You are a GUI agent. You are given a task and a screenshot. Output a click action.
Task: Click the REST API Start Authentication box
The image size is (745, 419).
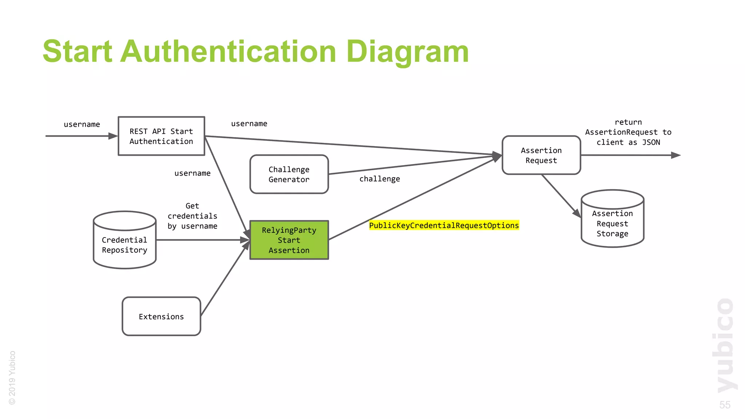[162, 136]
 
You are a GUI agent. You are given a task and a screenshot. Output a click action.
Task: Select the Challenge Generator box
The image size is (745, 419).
[289, 174]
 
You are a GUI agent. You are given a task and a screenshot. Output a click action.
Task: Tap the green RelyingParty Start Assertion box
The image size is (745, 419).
[289, 240]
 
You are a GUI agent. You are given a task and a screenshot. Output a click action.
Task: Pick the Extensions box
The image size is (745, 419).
[162, 316]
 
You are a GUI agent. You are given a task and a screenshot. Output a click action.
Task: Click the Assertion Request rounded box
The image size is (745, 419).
[541, 155]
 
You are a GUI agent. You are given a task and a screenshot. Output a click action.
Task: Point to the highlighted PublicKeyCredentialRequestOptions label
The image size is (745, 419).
[444, 226]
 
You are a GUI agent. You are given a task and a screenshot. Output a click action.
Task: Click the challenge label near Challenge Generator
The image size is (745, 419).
[379, 179]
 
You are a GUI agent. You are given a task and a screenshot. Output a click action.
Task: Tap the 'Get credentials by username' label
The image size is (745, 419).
[192, 216]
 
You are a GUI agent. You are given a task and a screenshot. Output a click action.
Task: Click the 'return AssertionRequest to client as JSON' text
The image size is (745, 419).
[628, 132]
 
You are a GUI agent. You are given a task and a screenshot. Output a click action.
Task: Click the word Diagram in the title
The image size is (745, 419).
[407, 52]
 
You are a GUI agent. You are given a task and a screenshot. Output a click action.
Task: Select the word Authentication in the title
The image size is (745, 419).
[228, 52]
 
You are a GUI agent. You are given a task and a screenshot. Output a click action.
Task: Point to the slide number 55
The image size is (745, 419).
[725, 405]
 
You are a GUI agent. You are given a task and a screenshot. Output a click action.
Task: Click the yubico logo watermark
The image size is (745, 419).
[725, 346]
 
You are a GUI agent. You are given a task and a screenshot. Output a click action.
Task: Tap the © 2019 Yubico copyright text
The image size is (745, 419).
[12, 378]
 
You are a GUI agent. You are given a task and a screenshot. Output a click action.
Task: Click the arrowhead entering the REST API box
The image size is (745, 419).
[113, 136]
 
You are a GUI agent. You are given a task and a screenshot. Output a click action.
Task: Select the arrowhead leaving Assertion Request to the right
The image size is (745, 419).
[676, 155]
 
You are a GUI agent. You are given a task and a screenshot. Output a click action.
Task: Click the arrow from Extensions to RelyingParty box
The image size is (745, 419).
[224, 280]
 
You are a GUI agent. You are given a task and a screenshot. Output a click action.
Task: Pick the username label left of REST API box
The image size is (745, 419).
[82, 124]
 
